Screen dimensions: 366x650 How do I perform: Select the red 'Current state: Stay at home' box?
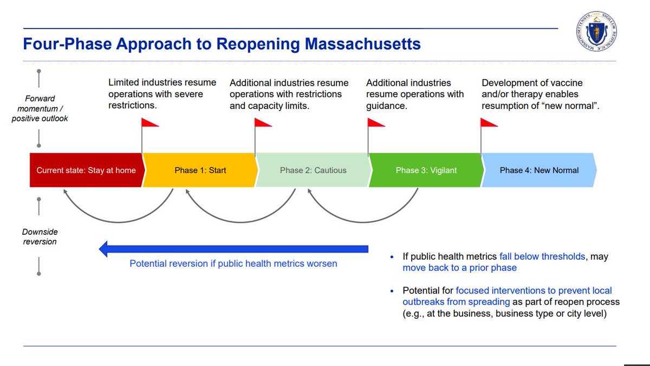pyautogui.click(x=86, y=170)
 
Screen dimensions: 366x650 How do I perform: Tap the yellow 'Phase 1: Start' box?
pyautogui.click(x=200, y=170)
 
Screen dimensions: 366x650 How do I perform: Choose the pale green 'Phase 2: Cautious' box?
pyautogui.click(x=313, y=170)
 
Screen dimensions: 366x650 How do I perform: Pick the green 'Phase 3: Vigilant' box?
pyautogui.click(x=426, y=170)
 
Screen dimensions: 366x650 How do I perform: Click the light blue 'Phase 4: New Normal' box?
pyautogui.click(x=539, y=170)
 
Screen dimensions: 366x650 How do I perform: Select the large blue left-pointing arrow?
pyautogui.click(x=233, y=249)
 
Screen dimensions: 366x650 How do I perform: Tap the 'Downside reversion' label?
pyautogui.click(x=40, y=236)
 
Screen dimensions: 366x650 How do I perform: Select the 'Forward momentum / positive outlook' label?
pyautogui.click(x=40, y=108)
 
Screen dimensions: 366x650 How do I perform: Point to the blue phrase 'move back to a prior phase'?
pyautogui.click(x=459, y=268)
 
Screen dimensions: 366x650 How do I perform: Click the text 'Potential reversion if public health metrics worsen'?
pyautogui.click(x=233, y=264)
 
